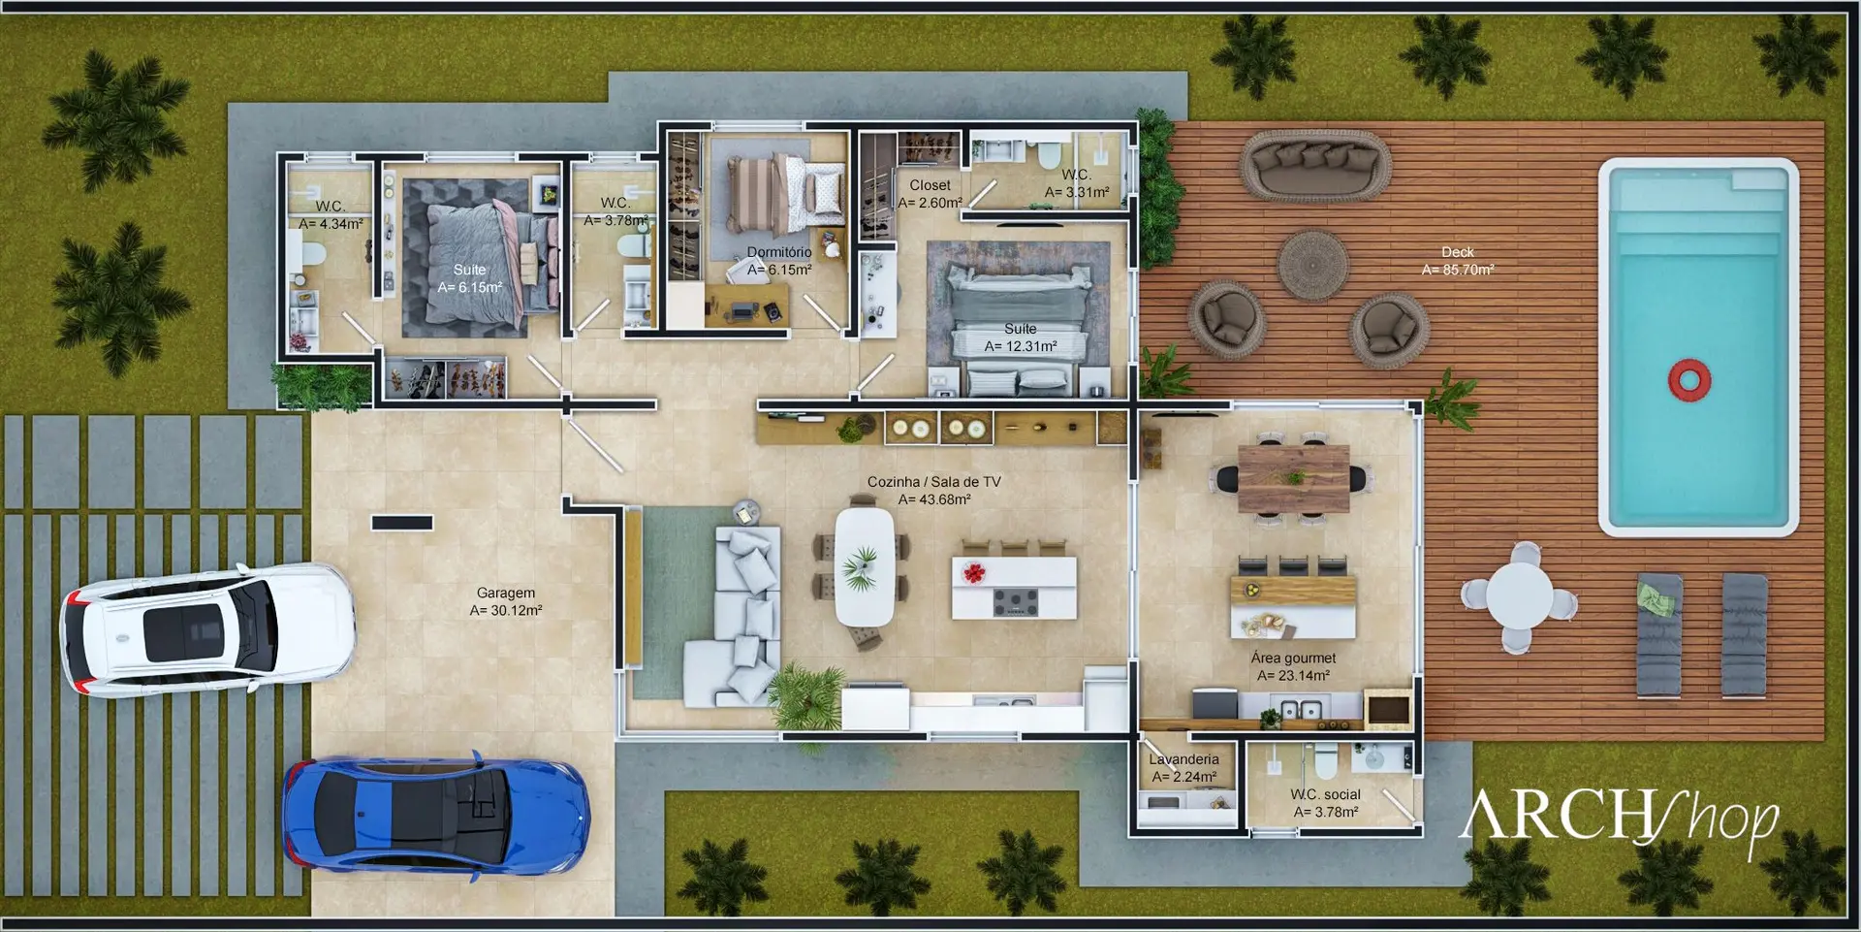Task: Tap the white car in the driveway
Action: [x=207, y=629]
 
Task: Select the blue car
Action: [x=436, y=813]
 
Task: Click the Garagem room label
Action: [x=506, y=601]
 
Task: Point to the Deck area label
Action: [x=1458, y=261]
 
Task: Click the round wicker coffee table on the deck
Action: [x=1312, y=265]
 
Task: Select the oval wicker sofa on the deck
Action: [x=1316, y=165]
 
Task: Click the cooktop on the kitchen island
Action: [x=1015, y=601]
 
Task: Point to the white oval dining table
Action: [x=865, y=566]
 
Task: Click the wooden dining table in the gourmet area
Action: [x=1294, y=478]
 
